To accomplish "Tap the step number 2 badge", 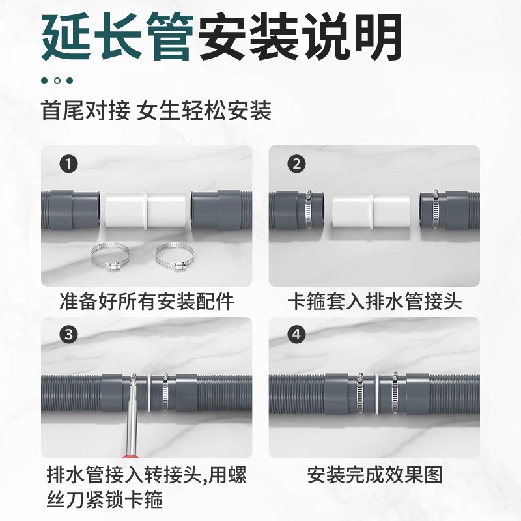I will (x=297, y=164).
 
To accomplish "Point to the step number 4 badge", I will (x=297, y=335).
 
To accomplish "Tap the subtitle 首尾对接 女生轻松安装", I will (x=156, y=110).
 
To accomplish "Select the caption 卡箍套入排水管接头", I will (x=374, y=302).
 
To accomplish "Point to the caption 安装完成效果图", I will (x=374, y=473).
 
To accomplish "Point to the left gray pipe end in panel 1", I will (x=72, y=210).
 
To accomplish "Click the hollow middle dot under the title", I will (x=57, y=81).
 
